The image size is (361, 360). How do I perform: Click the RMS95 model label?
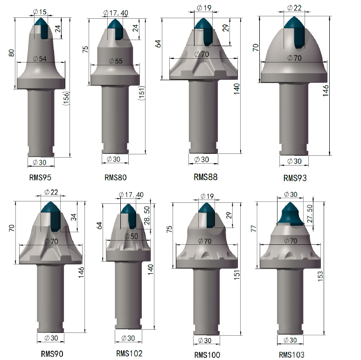click(40, 178)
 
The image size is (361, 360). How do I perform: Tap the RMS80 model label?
click(116, 178)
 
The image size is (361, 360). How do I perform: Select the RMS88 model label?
click(206, 177)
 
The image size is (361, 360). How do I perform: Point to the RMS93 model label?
click(295, 178)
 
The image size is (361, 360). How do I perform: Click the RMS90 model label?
click(52, 354)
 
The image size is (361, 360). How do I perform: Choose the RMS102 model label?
click(129, 353)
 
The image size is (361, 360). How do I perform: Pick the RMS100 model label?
click(207, 355)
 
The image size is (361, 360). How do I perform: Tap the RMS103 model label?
click(292, 355)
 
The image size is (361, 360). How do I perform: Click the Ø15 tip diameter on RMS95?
click(40, 12)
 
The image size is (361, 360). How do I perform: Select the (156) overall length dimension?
click(66, 98)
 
